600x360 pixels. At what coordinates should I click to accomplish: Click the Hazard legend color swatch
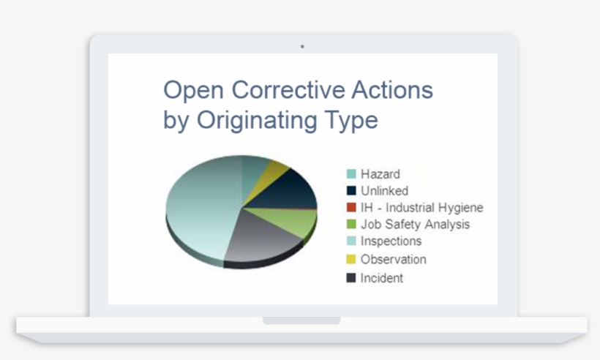pyautogui.click(x=351, y=174)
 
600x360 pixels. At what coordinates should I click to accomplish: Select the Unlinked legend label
pyautogui.click(x=384, y=191)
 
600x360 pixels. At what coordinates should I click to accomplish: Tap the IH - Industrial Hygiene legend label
pyautogui.click(x=421, y=208)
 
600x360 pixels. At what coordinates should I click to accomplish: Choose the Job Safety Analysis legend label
pyautogui.click(x=415, y=225)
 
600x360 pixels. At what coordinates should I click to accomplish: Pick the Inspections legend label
pyautogui.click(x=391, y=241)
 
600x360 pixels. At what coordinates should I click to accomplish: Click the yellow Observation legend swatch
pyautogui.click(x=351, y=259)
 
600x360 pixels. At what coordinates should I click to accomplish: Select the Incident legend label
pyautogui.click(x=381, y=278)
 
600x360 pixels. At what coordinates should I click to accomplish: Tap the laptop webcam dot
pyautogui.click(x=302, y=46)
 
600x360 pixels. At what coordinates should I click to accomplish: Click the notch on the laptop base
pyautogui.click(x=301, y=320)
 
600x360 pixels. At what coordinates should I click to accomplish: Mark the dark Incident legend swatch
pyautogui.click(x=351, y=278)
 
